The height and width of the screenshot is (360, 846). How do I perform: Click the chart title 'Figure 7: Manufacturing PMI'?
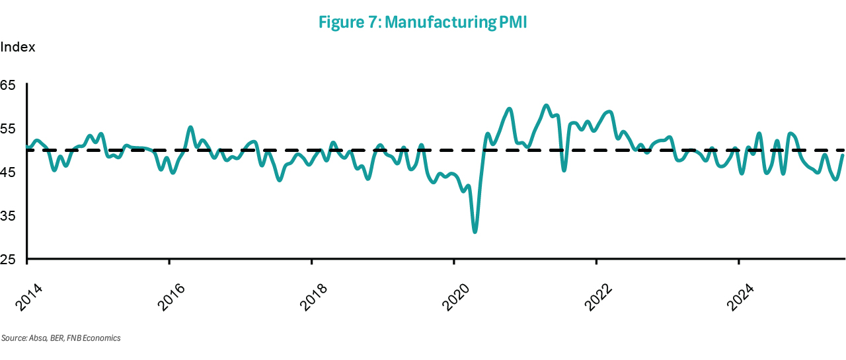point(422,22)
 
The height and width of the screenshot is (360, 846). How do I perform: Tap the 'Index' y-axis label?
point(18,48)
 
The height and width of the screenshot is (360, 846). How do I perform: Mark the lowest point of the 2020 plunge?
point(475,232)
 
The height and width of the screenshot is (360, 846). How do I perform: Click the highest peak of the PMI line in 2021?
point(545,105)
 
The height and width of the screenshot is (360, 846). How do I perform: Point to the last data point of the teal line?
point(843,155)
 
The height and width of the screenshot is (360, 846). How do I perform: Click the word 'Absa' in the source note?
point(37,338)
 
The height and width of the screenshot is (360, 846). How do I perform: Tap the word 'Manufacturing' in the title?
point(439,22)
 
